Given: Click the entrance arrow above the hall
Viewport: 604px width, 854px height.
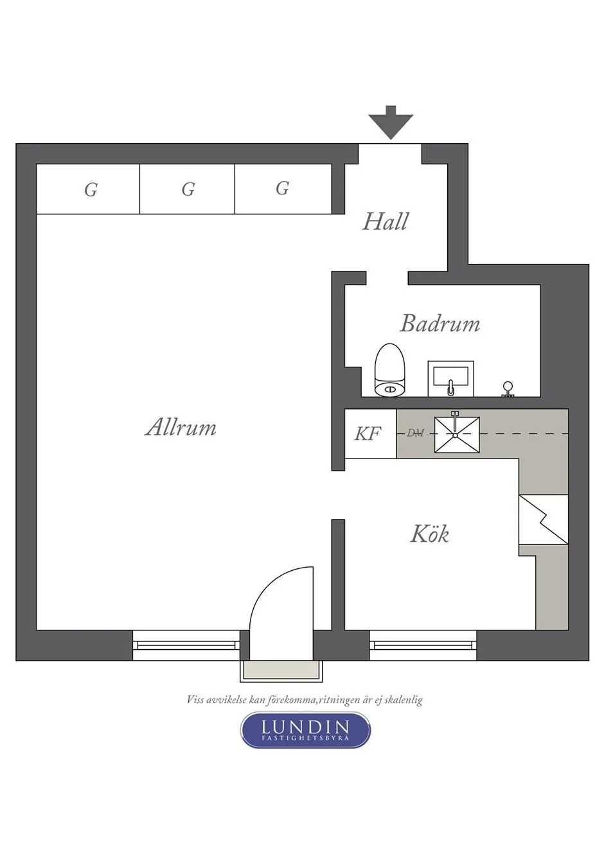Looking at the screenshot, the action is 391,123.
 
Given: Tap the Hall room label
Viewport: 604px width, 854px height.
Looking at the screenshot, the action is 385,222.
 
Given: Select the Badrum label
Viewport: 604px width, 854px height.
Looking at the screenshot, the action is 440,324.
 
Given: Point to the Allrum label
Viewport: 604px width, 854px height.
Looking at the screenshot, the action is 181,428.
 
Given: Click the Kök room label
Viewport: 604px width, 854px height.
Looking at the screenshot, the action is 430,534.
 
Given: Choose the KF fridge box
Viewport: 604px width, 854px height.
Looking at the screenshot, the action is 370,434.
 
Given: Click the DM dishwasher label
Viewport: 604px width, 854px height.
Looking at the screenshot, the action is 415,433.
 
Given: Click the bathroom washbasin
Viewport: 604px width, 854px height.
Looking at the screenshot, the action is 450,379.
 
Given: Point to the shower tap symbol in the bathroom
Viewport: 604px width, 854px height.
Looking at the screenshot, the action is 508,390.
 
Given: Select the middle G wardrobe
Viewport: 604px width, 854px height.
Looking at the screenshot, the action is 188,189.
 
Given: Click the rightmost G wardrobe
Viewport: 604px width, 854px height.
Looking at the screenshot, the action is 283,189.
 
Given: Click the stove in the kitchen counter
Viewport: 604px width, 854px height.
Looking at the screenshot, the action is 544,519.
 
